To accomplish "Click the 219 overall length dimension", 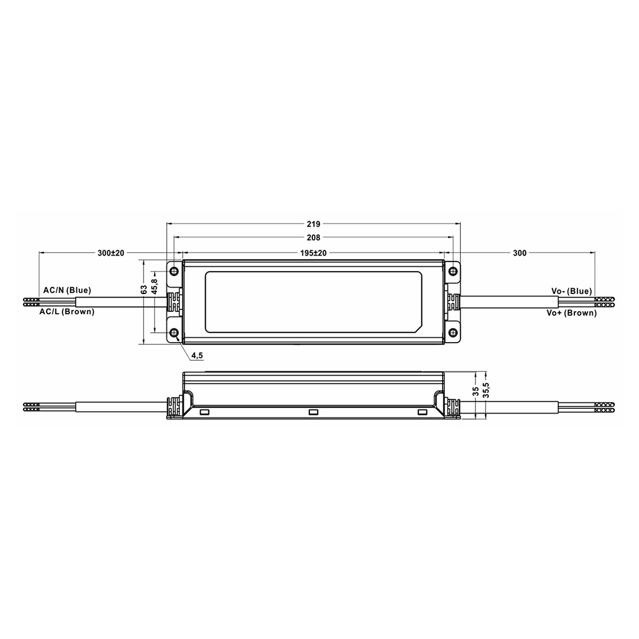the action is click(314, 224).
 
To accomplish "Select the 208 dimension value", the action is click(314, 238).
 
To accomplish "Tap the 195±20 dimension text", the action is click(314, 253).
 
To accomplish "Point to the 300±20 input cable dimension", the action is click(111, 253).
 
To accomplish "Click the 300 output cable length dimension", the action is click(519, 253).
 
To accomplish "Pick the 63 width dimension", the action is click(144, 290).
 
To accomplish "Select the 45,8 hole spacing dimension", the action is click(154, 286).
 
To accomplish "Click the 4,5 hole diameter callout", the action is click(197, 356).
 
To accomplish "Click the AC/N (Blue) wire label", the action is click(67, 291).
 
